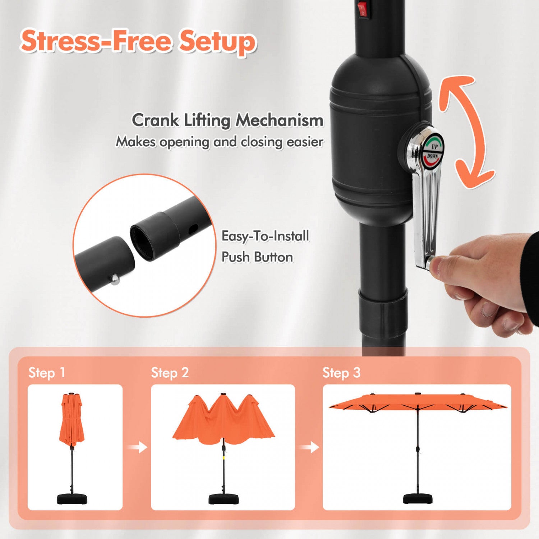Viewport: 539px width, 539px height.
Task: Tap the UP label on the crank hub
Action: click(434, 147)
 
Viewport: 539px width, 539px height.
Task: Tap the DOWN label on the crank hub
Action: click(433, 156)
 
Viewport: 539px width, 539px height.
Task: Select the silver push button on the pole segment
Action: click(115, 279)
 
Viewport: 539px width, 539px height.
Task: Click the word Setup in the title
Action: click(218, 42)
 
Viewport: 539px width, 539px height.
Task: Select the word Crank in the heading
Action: click(155, 120)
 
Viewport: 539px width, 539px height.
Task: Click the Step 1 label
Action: click(47, 373)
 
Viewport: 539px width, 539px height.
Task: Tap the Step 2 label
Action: click(170, 373)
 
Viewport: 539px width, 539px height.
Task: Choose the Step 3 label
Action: click(341, 373)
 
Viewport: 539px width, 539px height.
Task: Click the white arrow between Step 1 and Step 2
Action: click(137, 447)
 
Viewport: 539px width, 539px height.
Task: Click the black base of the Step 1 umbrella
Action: click(72, 499)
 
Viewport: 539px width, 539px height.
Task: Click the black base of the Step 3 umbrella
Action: click(418, 499)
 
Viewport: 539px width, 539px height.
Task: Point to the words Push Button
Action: click(257, 257)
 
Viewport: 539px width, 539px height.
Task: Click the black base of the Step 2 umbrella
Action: click(224, 499)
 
